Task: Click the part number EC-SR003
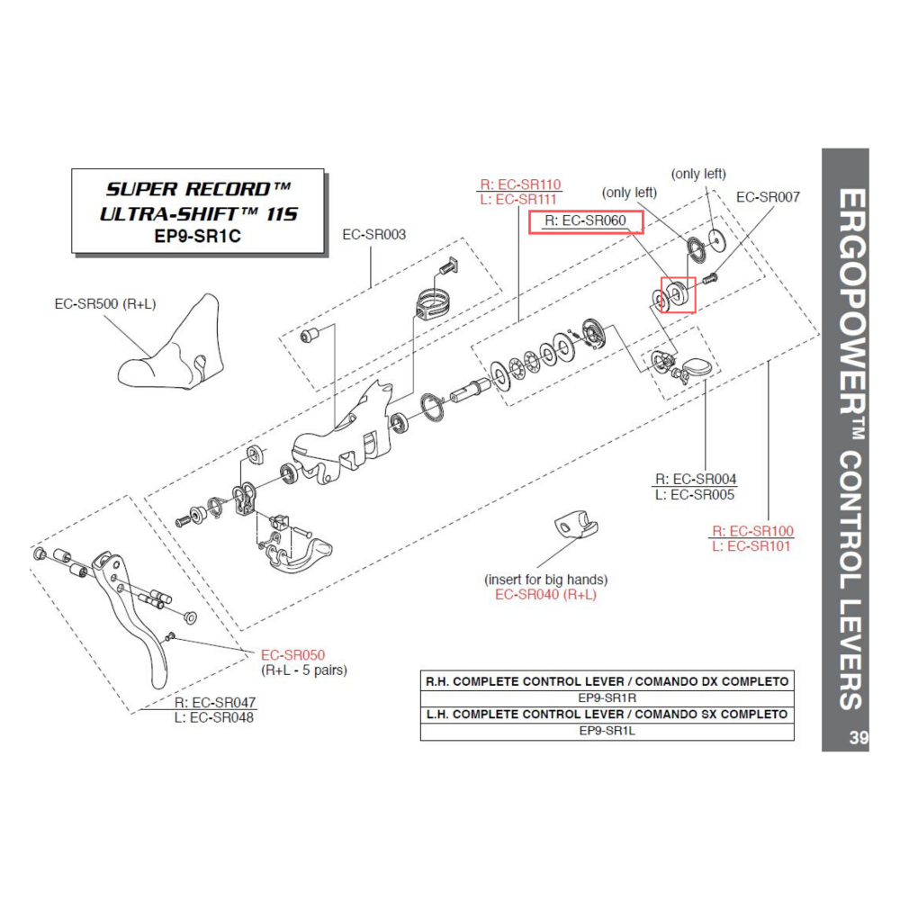373,235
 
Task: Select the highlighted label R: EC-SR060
585,220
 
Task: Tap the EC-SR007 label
767,196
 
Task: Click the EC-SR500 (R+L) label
105,304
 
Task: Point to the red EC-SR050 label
292,655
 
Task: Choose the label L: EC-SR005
695,494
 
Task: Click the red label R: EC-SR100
752,531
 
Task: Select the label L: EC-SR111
520,199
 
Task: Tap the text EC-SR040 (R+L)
546,595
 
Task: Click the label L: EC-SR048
214,717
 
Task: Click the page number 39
857,738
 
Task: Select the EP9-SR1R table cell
607,697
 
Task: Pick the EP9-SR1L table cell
607,731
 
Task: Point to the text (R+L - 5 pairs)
303,670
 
